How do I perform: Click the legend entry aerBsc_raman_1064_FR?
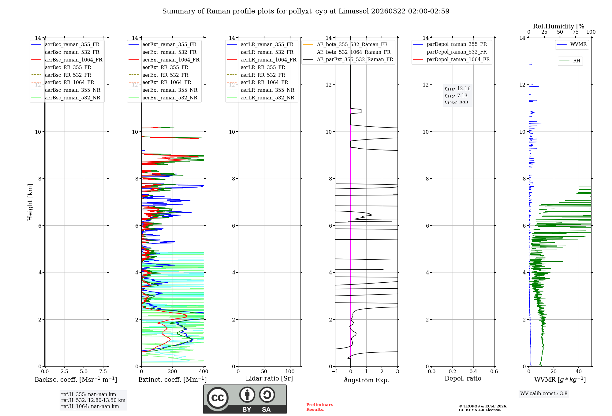73,60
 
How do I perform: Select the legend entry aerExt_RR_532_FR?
165,75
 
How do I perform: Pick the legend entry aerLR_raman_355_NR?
267,90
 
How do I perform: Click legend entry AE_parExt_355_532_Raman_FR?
355,59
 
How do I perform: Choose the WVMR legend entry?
578,44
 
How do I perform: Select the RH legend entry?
577,61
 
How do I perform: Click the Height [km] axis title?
30,202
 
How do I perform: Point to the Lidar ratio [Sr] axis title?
269,378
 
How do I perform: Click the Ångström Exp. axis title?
366,380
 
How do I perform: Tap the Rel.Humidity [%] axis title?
560,26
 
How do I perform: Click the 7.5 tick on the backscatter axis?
103,372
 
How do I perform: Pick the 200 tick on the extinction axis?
173,372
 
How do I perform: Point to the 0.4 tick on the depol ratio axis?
473,372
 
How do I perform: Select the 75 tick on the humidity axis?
576,32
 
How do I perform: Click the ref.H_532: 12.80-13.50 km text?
93,400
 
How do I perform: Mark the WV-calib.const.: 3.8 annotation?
544,394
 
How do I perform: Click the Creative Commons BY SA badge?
245,399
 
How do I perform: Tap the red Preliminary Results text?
319,407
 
